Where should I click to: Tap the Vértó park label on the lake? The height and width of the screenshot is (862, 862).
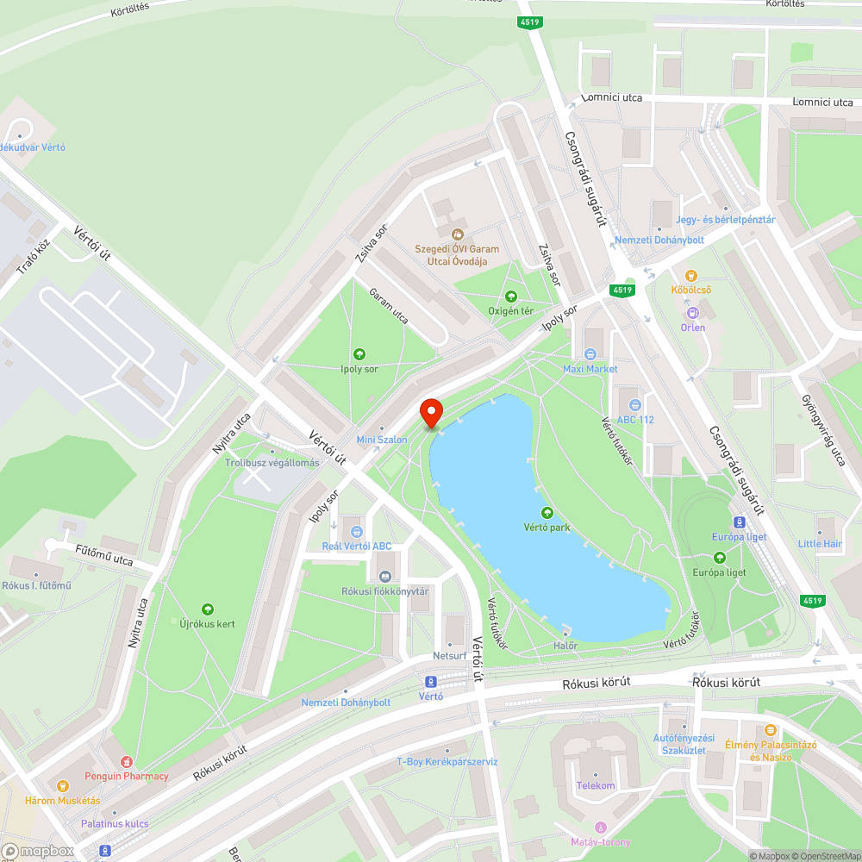click(547, 527)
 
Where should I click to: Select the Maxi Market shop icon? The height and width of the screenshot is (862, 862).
click(590, 353)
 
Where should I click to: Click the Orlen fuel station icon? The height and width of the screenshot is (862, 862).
click(692, 312)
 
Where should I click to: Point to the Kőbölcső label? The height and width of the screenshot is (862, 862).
click(692, 290)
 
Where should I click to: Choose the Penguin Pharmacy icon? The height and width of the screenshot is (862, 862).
click(127, 761)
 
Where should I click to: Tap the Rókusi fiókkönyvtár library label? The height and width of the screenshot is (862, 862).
click(384, 591)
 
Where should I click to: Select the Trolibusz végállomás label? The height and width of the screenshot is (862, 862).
click(272, 463)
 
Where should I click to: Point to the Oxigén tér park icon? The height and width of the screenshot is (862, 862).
click(511, 296)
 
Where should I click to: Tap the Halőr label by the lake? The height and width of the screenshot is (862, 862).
click(565, 646)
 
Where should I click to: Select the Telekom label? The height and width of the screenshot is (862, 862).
click(596, 785)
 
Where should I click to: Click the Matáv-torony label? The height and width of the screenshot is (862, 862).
click(601, 842)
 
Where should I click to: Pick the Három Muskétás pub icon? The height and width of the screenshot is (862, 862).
click(61, 785)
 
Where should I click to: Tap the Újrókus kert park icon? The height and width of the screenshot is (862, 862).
click(207, 609)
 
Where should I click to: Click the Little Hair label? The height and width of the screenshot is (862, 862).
click(820, 544)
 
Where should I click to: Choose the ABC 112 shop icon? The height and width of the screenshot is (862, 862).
click(635, 404)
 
